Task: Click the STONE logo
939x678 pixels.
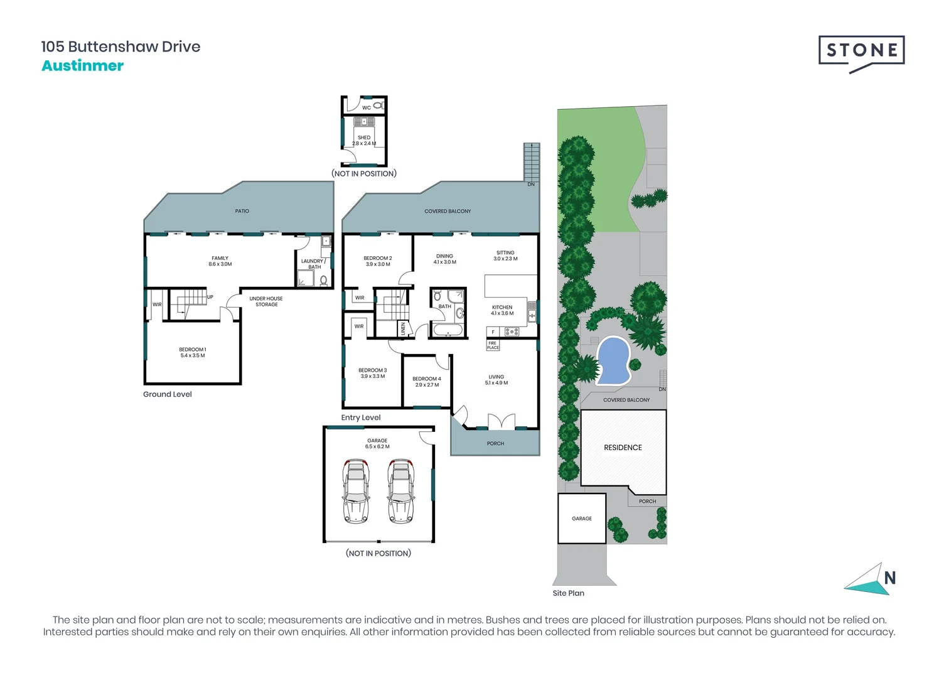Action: click(861, 54)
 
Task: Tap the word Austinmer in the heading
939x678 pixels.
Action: click(83, 66)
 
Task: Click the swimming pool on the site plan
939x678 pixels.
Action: click(613, 360)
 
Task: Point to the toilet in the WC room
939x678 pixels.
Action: click(378, 105)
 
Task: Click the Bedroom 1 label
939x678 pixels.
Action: click(193, 352)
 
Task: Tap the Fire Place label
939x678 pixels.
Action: click(493, 345)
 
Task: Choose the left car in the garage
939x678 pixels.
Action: click(356, 491)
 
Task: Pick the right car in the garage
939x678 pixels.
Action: click(401, 491)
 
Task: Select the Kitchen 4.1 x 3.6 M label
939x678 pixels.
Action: click(502, 310)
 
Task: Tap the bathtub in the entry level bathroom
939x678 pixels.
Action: click(448, 330)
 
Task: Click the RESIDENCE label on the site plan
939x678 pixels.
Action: click(623, 448)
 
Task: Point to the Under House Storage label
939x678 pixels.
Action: click(266, 301)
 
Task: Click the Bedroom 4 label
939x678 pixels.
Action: click(427, 382)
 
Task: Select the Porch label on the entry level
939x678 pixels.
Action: click(495, 443)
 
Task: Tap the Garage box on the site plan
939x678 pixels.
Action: click(582, 519)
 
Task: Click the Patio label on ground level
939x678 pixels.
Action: click(242, 211)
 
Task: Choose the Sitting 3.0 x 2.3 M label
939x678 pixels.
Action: click(505, 256)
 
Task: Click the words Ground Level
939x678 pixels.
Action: click(167, 394)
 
